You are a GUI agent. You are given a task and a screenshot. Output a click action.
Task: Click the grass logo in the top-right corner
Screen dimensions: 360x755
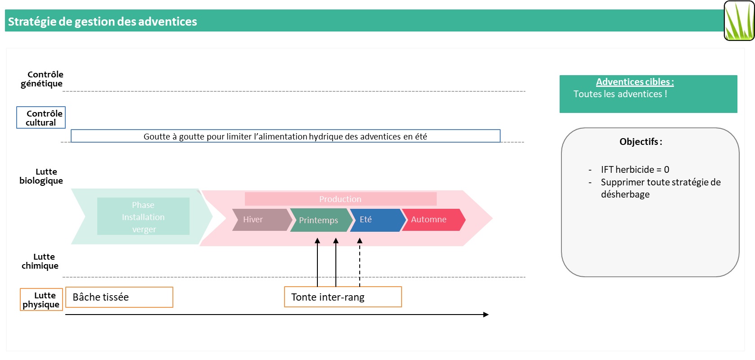coord(739,21)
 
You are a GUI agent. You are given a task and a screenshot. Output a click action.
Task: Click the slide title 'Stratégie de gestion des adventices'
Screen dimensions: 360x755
coord(103,22)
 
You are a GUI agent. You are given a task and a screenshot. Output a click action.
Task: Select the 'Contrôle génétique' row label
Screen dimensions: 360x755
coord(42,79)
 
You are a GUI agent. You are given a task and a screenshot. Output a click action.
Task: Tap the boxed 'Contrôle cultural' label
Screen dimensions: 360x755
coord(41,117)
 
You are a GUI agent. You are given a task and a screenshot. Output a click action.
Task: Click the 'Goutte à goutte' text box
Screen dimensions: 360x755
coord(285,136)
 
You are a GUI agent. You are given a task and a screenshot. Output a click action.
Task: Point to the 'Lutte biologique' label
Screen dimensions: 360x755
coord(41,176)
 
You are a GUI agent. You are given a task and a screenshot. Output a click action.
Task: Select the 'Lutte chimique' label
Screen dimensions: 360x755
coord(41,261)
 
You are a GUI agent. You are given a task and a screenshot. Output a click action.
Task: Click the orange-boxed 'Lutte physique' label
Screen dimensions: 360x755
coord(41,300)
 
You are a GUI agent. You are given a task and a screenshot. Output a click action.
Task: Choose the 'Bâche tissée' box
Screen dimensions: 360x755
coord(119,297)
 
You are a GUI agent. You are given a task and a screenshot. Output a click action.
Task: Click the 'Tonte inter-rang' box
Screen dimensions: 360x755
coord(343,297)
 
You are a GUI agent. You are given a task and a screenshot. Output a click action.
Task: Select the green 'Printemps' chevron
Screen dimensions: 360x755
coord(319,220)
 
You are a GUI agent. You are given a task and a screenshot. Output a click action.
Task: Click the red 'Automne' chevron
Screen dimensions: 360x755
coord(431,220)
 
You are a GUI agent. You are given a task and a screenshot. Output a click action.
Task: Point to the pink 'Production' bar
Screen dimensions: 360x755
coord(340,199)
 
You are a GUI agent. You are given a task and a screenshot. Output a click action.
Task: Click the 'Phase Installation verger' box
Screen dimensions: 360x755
coord(143,216)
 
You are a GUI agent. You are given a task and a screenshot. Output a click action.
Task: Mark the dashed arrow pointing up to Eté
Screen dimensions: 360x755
coord(360,263)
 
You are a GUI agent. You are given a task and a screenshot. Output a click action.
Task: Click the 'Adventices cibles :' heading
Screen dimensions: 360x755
coord(635,82)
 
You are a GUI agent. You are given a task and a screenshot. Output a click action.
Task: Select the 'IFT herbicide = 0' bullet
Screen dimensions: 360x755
coord(635,170)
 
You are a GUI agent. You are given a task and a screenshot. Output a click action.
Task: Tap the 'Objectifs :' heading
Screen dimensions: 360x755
coord(641,142)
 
